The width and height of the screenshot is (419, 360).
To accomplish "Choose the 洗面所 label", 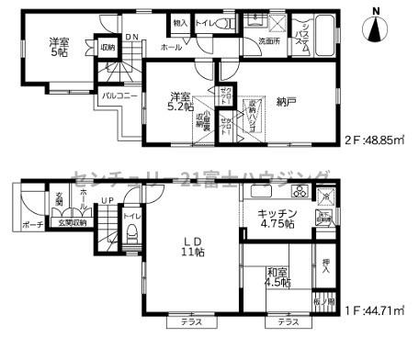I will click(x=269, y=42).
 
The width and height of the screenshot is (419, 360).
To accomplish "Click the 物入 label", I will click(x=182, y=22).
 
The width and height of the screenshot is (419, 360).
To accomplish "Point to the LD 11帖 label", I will click(x=191, y=244).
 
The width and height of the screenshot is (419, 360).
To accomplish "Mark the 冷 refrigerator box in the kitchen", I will click(x=325, y=197).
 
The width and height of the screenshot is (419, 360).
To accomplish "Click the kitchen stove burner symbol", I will click(x=300, y=194).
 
